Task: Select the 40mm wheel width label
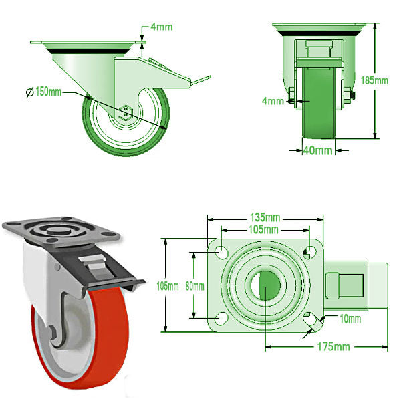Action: pos(319,150)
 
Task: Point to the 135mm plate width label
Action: pos(265,218)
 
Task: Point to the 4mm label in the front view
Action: pos(273,101)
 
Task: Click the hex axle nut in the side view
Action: pos(126,112)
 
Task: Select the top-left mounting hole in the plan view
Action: pos(221,251)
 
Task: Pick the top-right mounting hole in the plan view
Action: pos(309,251)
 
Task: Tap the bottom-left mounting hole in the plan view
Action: pos(221,317)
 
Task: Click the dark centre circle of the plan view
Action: pos(266,283)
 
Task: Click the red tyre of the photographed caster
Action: pos(108,334)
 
